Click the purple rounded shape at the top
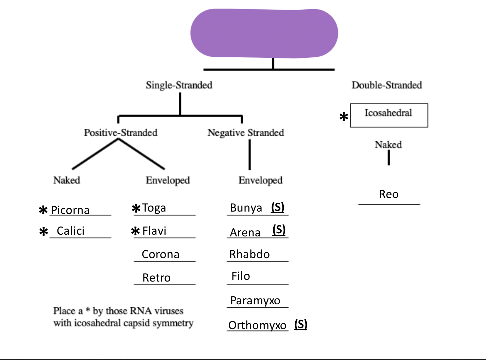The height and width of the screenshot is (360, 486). click(x=264, y=33)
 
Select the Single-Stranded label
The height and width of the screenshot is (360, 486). click(x=179, y=85)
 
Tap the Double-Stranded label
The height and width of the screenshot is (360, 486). click(x=387, y=85)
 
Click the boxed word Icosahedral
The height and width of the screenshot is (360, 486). click(x=388, y=113)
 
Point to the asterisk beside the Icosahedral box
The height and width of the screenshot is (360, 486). click(x=344, y=117)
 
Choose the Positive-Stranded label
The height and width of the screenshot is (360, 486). click(x=121, y=132)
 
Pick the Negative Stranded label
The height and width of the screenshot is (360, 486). click(x=246, y=132)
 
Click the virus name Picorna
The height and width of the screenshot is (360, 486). click(x=70, y=210)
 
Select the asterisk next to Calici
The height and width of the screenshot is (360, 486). click(x=44, y=232)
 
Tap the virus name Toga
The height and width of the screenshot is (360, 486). click(x=154, y=208)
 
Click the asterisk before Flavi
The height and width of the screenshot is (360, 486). click(x=135, y=232)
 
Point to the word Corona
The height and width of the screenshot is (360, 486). click(x=160, y=254)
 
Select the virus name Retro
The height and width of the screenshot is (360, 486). click(x=156, y=278)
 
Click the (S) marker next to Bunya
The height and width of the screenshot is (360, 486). click(x=278, y=207)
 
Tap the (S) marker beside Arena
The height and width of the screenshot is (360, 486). click(x=279, y=230)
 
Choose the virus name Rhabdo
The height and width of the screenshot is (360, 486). click(x=249, y=254)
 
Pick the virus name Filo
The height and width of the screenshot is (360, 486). click(x=241, y=276)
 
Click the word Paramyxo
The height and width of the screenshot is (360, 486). click(x=255, y=301)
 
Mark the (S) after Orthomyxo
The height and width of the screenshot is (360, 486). click(x=301, y=324)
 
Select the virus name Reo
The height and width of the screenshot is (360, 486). click(x=389, y=194)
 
